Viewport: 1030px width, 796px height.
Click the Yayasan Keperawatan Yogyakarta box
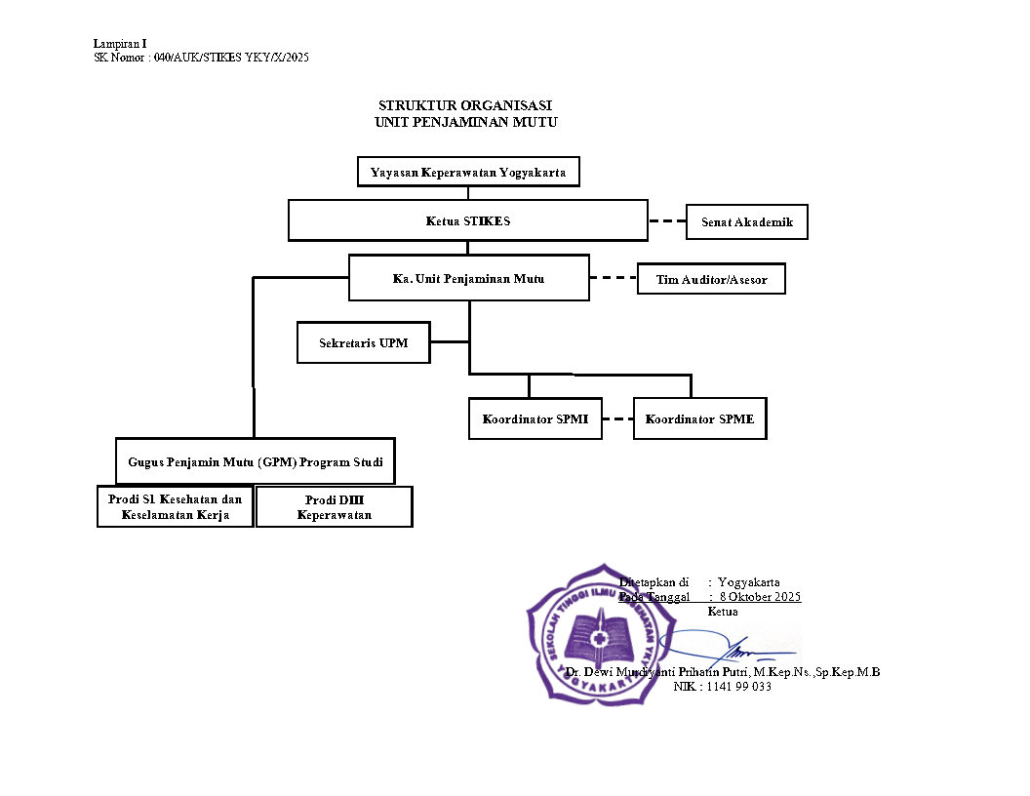[x=468, y=173]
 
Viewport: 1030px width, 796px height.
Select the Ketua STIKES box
[x=468, y=220]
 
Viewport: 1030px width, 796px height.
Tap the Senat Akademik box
[x=747, y=222]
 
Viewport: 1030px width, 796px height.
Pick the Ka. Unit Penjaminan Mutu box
[x=468, y=279]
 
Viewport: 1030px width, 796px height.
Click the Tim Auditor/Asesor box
[x=710, y=280]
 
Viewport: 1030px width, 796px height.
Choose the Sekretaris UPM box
[x=363, y=343]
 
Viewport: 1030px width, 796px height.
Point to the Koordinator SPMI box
[x=535, y=419]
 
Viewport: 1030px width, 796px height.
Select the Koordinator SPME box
[x=699, y=419]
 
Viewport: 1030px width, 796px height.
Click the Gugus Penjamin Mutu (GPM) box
[x=256, y=461]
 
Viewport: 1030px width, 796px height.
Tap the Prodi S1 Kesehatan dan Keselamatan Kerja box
[x=176, y=507]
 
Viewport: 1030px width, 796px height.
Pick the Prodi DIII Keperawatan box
[x=334, y=507]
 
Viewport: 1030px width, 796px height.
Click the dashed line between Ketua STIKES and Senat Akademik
[x=667, y=221]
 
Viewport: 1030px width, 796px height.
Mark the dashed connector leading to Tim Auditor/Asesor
[x=613, y=278]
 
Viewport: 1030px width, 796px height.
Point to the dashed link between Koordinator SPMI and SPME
[x=617, y=419]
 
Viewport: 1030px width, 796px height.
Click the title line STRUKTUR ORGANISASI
[x=465, y=105]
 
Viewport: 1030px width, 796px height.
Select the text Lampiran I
[x=120, y=44]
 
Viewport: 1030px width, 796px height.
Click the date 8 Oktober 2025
[x=760, y=596]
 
